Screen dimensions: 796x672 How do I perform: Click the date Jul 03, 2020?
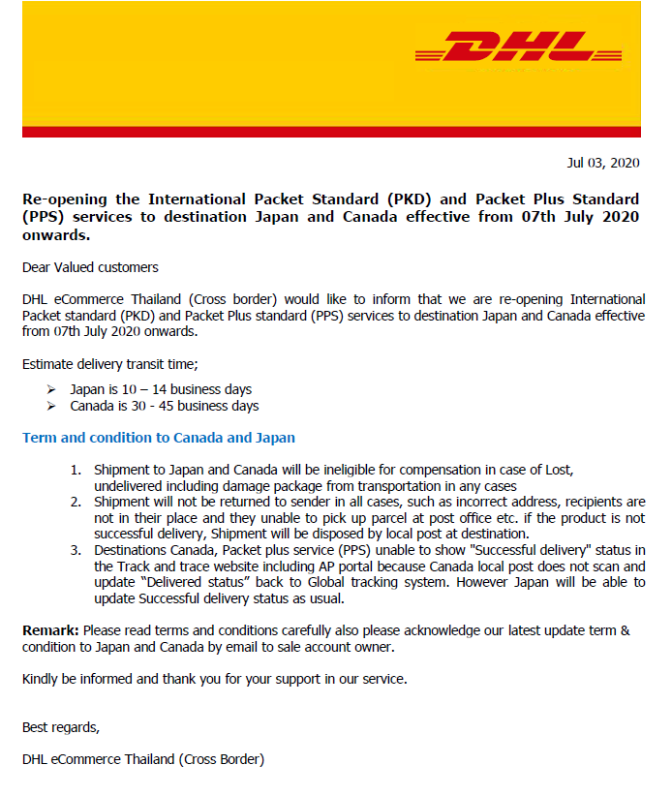tap(602, 163)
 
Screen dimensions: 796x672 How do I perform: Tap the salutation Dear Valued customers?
tap(90, 267)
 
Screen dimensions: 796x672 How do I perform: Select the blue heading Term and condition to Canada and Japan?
tap(159, 438)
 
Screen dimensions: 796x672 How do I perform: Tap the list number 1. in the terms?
tap(76, 470)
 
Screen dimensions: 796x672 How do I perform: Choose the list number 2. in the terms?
tap(76, 502)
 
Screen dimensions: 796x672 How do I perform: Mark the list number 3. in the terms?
tap(76, 550)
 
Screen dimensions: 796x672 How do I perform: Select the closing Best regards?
tap(60, 727)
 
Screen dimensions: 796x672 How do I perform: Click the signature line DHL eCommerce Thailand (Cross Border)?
tap(142, 759)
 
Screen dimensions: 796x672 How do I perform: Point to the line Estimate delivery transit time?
tap(109, 364)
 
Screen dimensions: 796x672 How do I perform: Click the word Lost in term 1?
tap(560, 470)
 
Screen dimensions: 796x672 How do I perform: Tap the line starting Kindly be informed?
tap(214, 679)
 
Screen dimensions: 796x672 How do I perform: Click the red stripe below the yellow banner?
tap(331, 132)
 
